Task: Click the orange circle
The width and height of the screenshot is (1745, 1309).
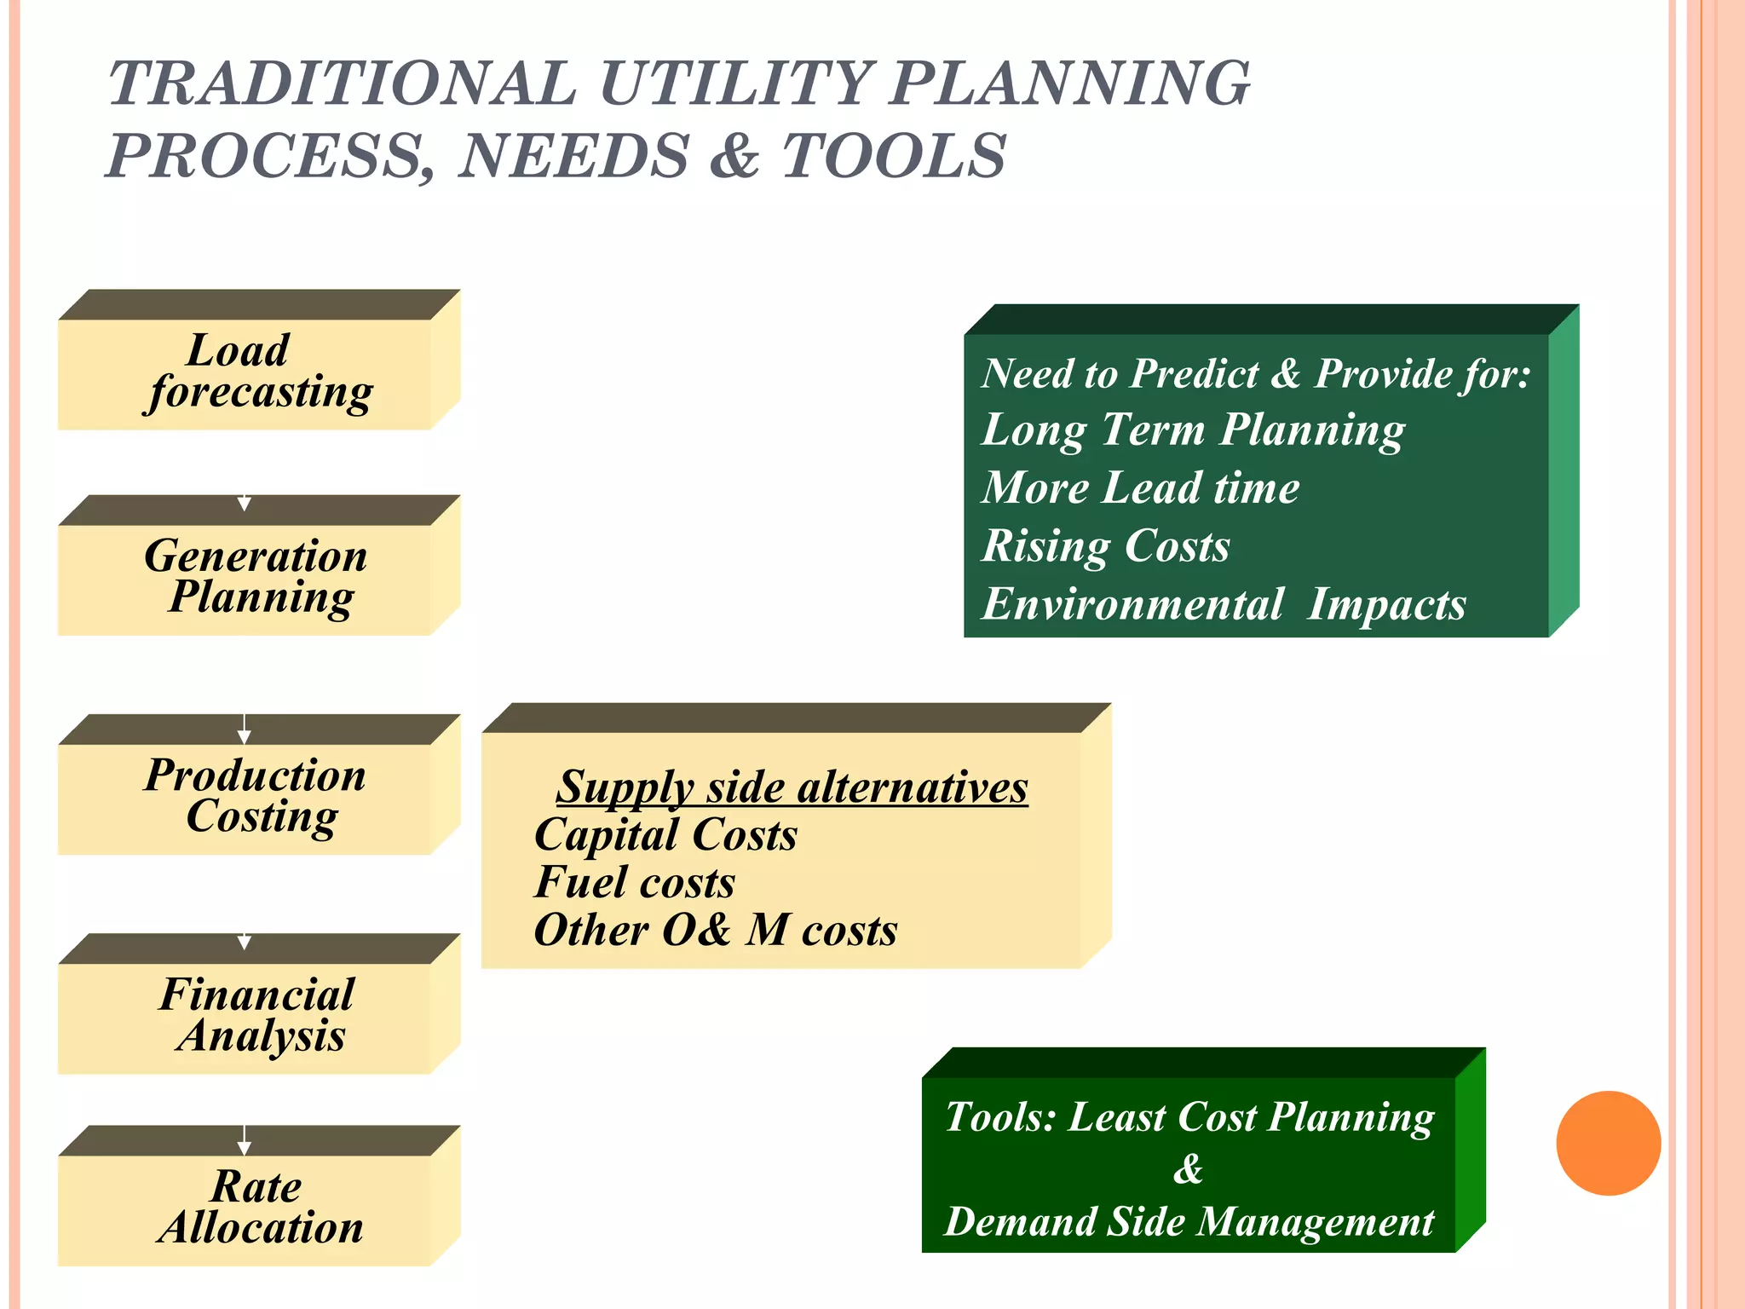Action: [1608, 1143]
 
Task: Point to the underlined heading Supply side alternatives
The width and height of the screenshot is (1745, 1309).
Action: [792, 787]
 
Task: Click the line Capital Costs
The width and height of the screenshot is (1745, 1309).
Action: [665, 834]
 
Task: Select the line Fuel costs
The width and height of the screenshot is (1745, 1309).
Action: [634, 882]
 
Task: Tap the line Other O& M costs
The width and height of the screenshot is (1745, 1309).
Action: [715, 930]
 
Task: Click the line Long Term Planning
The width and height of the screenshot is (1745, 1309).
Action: [1193, 430]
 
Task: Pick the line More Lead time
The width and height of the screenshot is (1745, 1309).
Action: [1140, 487]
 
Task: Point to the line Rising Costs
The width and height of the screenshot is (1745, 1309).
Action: [1106, 545]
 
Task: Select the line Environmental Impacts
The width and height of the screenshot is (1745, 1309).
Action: [1224, 604]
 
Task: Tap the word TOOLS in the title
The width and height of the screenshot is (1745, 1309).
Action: [894, 156]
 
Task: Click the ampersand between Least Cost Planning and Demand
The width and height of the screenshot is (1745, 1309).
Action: [1188, 1168]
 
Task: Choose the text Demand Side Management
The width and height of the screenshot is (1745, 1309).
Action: [1189, 1221]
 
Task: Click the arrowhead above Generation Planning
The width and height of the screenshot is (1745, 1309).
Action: [245, 504]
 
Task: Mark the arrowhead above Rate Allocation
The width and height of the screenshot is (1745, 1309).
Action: [245, 1148]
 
